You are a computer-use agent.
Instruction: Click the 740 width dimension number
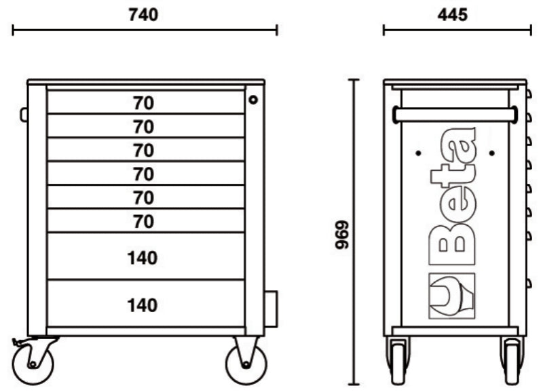pyautogui.click(x=144, y=15)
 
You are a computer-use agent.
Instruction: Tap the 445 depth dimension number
pyautogui.click(x=453, y=15)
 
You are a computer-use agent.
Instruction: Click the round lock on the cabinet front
pyautogui.click(x=253, y=100)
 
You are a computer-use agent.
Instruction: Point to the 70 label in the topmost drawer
pyautogui.click(x=144, y=103)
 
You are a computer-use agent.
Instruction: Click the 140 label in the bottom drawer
pyautogui.click(x=143, y=305)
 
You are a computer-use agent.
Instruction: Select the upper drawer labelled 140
pyautogui.click(x=143, y=258)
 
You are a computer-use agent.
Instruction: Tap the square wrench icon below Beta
pyautogui.click(x=451, y=296)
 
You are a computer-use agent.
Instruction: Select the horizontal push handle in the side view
pyautogui.click(x=454, y=115)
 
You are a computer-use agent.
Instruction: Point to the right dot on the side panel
pyautogui.click(x=490, y=152)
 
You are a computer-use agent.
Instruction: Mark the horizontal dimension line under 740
pyautogui.click(x=145, y=30)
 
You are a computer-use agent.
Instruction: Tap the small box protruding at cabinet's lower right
pyautogui.click(x=270, y=308)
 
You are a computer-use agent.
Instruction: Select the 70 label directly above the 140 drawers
pyautogui.click(x=144, y=221)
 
